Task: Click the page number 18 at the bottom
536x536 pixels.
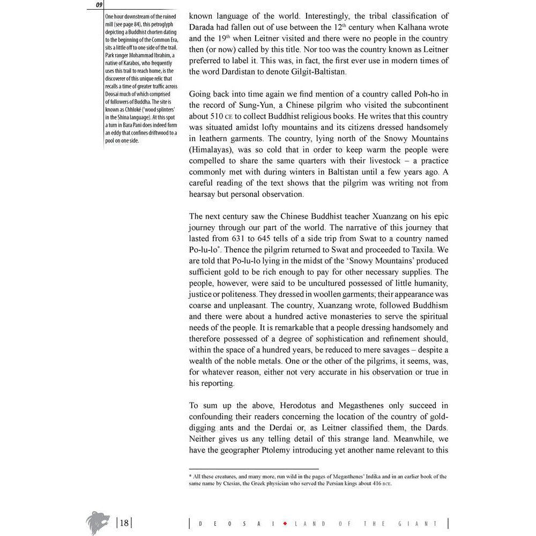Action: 124,523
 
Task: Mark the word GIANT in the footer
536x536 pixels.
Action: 423,524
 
